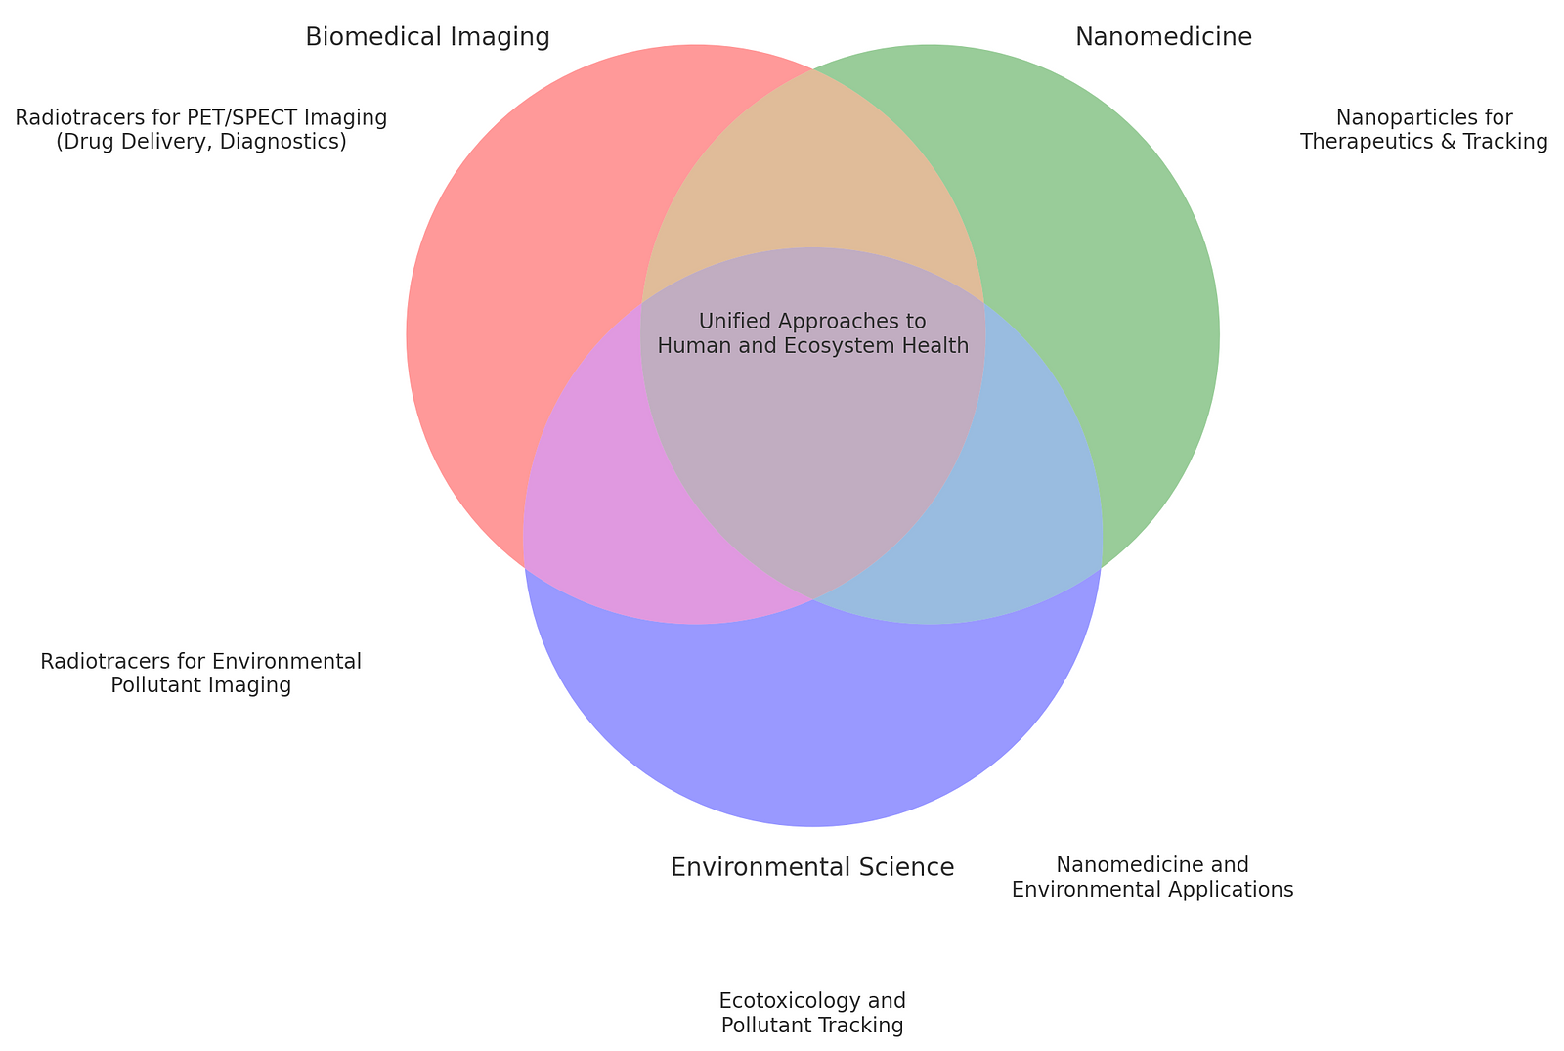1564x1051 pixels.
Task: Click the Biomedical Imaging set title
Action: coord(427,37)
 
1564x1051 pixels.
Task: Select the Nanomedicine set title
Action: coord(1163,37)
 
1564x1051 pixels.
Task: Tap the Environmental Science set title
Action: coord(811,867)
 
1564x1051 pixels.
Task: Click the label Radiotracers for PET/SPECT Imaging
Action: coord(201,118)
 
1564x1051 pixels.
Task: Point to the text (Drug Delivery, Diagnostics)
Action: coord(201,143)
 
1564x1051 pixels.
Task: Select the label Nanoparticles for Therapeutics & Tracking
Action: coord(1423,130)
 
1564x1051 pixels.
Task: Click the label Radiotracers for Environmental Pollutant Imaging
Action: coord(200,674)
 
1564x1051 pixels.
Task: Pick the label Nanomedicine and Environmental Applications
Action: coord(1152,877)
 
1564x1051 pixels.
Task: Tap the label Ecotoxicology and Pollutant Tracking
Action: coord(811,1013)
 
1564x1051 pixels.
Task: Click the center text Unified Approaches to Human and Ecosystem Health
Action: coord(812,333)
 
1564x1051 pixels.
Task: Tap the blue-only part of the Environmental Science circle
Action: coord(811,723)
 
